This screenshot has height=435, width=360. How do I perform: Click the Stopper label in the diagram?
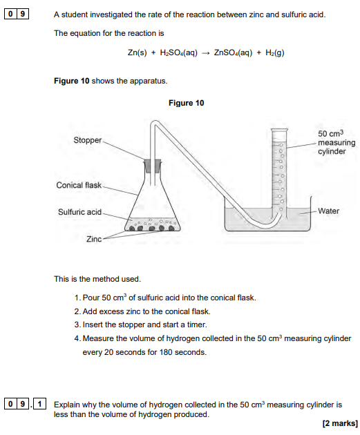88,140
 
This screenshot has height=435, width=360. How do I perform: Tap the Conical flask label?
79,185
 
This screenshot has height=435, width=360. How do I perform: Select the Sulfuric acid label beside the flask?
79,212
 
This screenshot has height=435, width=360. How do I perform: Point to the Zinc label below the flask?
94,239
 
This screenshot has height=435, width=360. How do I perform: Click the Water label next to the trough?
328,211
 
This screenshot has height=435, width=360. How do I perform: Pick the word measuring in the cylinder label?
337,143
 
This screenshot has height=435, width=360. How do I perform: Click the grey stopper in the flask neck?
153,166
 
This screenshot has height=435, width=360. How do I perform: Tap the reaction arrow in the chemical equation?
206,53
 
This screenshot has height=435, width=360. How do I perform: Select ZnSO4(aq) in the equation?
233,52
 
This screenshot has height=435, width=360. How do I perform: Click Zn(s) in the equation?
137,52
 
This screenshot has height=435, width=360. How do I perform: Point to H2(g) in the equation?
275,52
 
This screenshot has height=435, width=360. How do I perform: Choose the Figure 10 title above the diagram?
187,103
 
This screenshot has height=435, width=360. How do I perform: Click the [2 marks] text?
340,424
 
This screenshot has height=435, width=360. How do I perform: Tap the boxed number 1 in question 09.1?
39,404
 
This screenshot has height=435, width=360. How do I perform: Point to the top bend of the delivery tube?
155,122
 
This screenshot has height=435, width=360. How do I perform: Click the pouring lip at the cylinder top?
279,130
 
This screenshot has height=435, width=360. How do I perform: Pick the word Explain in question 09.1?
67,405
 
